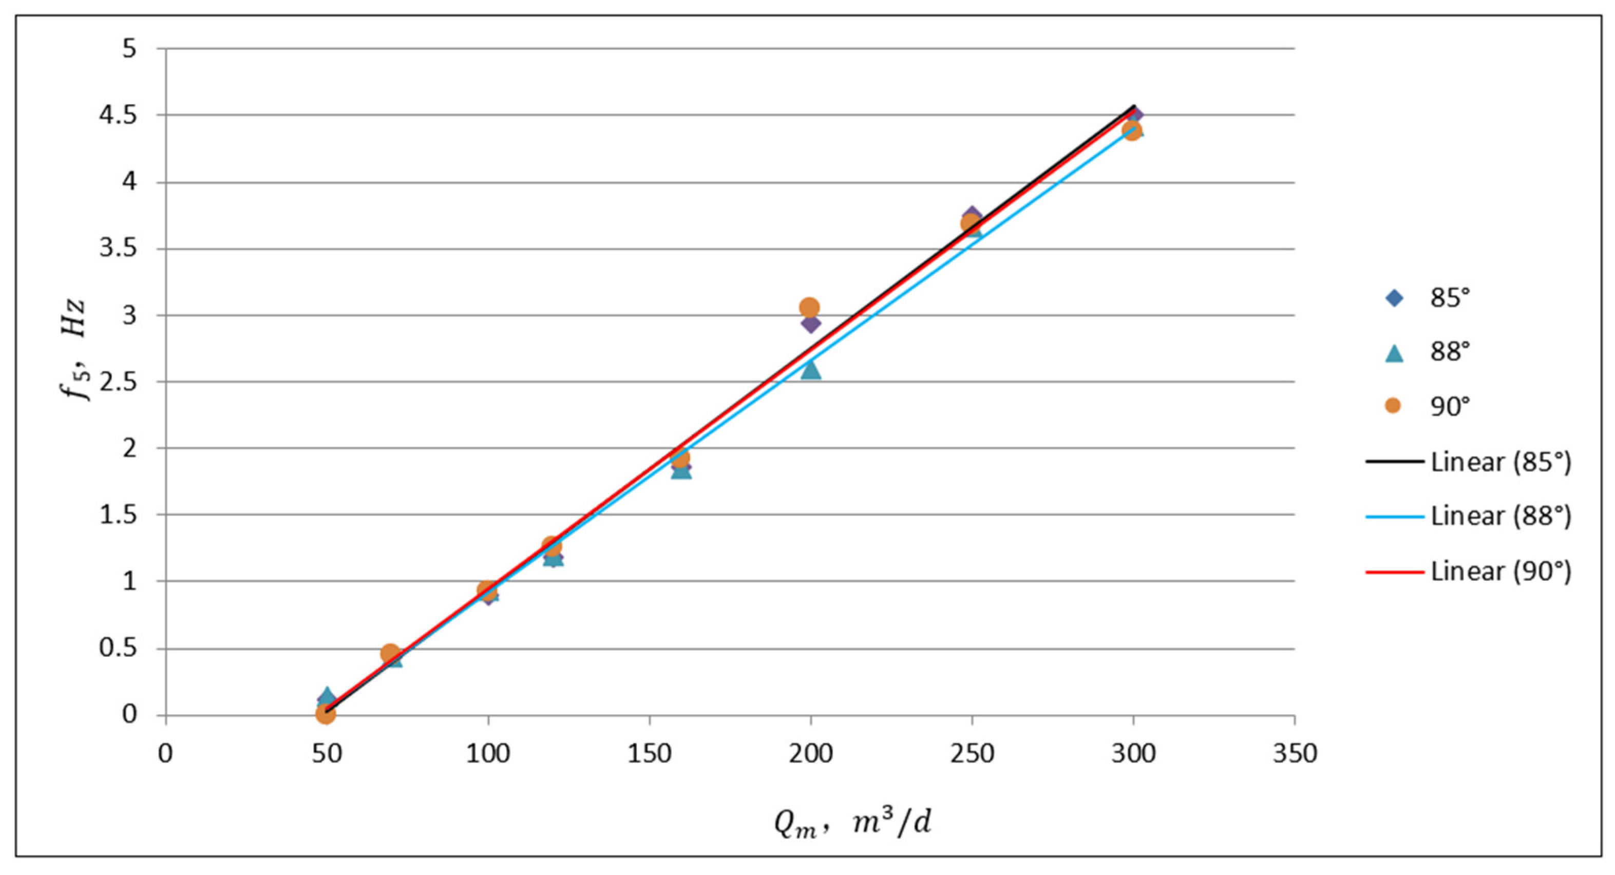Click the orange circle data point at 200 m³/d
(x=809, y=308)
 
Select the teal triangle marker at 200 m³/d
(x=811, y=370)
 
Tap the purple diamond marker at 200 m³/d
(x=811, y=324)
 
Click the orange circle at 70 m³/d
(x=390, y=654)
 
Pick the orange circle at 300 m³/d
(x=1132, y=131)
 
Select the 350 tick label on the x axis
(x=1295, y=753)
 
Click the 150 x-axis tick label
(x=649, y=753)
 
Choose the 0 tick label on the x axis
(x=165, y=753)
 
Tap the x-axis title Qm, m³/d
(x=852, y=824)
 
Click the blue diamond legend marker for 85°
(x=1394, y=298)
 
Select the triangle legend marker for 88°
(x=1394, y=353)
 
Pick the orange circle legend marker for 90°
(x=1393, y=406)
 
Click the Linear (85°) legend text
(x=1501, y=462)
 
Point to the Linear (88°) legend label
(x=1501, y=517)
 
